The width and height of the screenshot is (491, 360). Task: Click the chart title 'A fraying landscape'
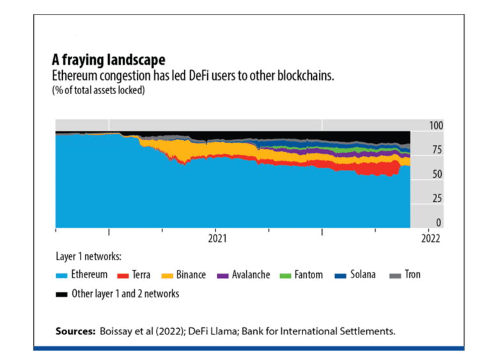click(x=108, y=60)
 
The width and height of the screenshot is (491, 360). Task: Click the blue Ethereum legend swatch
click(x=63, y=276)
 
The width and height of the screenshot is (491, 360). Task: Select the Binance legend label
click(x=191, y=275)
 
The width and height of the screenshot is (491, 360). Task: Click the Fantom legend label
click(x=308, y=275)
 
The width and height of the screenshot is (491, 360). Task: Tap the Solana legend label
click(x=362, y=275)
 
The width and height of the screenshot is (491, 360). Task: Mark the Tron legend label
click(x=411, y=275)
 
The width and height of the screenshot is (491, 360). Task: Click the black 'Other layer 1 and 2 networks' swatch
click(x=63, y=295)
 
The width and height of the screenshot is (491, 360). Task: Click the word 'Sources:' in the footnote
click(x=74, y=331)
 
